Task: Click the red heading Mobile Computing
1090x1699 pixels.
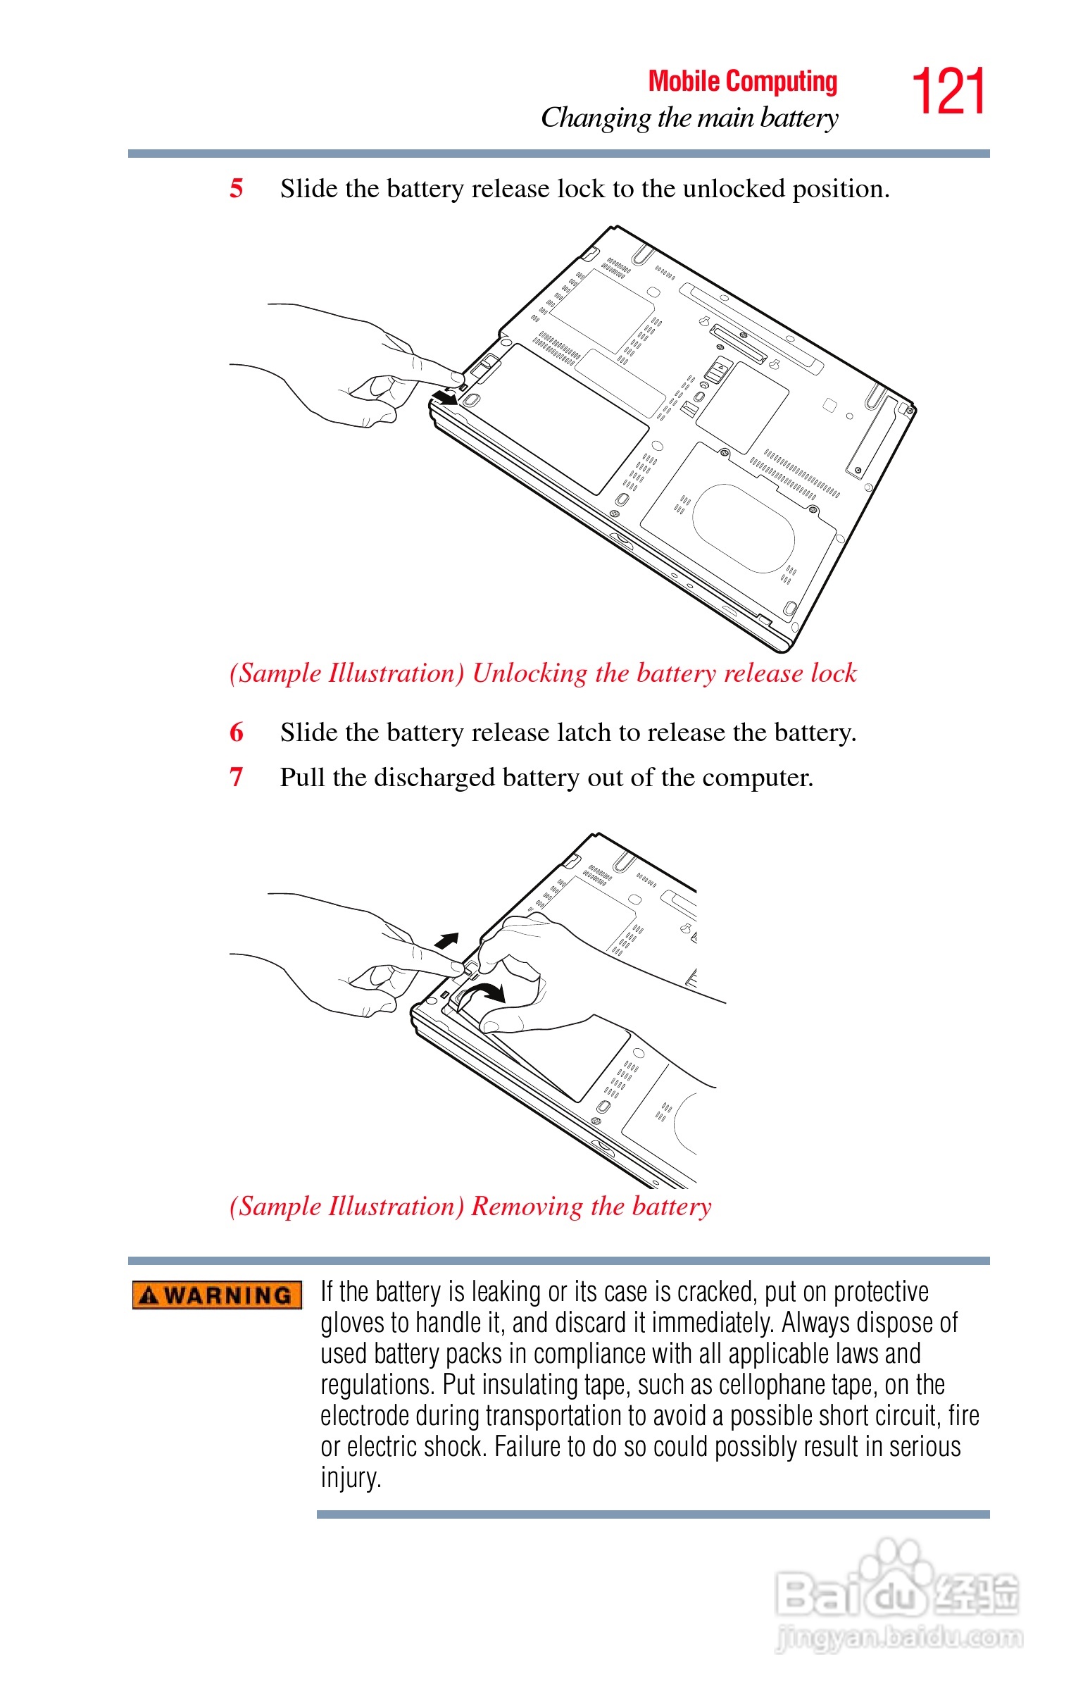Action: [742, 82]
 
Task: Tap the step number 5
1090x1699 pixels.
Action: [237, 188]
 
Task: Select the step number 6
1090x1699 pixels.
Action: [237, 732]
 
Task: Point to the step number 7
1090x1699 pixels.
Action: [237, 777]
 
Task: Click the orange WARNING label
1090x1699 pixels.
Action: [217, 1295]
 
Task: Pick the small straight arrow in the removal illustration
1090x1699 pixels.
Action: [446, 940]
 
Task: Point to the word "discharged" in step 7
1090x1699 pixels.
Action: [434, 778]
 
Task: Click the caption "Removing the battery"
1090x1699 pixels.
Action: [591, 1207]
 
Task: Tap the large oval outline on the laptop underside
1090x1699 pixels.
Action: [743, 528]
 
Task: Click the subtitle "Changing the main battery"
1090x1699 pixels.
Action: [689, 118]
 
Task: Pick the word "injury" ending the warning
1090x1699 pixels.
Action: [350, 1477]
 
